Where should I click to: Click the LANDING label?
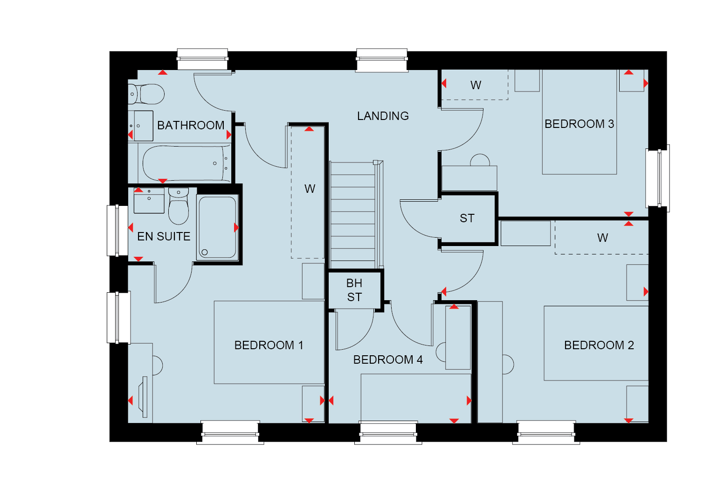383,116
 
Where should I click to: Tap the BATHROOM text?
191,125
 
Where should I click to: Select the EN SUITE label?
164,237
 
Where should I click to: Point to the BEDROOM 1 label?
269,345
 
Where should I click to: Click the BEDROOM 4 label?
388,360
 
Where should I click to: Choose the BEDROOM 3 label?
579,124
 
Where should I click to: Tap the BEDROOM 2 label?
599,345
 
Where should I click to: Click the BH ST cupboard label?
354,290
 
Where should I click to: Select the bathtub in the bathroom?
186,163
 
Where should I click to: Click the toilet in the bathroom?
146,94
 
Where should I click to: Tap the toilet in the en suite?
179,206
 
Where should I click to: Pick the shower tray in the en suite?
217,227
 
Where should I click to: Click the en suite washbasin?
149,201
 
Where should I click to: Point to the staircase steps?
352,215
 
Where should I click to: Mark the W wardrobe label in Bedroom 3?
476,85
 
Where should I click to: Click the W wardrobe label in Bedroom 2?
602,238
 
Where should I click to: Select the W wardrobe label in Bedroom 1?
310,189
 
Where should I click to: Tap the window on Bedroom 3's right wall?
657,178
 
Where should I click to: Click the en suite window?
117,231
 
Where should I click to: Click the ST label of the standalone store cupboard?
467,218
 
